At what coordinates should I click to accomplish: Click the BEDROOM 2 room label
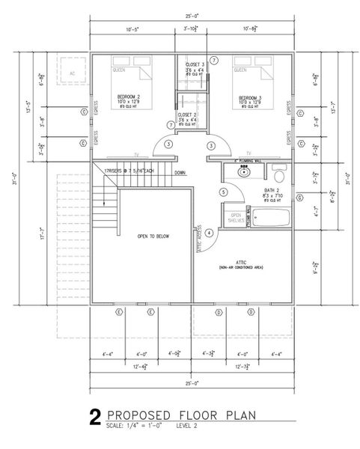click(x=127, y=97)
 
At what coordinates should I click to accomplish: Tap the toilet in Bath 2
click(x=278, y=175)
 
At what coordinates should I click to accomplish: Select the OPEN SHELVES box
click(x=234, y=216)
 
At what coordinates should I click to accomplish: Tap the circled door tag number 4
click(x=209, y=233)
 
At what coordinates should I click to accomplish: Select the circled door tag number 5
click(x=223, y=192)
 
